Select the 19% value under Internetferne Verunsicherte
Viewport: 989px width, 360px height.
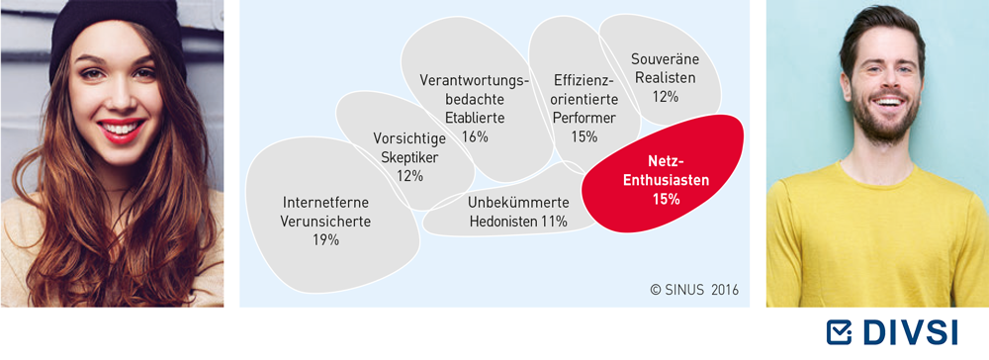click(326, 239)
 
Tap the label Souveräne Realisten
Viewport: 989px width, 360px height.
click(666, 68)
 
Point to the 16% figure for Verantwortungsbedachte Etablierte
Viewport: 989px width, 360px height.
click(475, 136)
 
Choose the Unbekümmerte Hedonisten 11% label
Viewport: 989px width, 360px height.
click(518, 213)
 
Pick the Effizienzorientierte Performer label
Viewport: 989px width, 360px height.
click(584, 99)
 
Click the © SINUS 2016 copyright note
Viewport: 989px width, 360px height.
click(694, 290)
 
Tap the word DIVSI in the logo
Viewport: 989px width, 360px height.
click(908, 333)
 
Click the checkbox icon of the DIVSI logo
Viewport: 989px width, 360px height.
click(840, 333)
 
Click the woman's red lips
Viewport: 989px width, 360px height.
click(122, 129)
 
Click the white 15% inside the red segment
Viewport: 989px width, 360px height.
click(666, 200)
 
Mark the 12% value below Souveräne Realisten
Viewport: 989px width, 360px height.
click(665, 97)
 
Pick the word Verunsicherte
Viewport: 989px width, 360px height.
click(326, 222)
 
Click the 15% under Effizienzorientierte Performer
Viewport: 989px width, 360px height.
click(584, 136)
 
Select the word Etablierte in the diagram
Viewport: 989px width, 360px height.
click(475, 118)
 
